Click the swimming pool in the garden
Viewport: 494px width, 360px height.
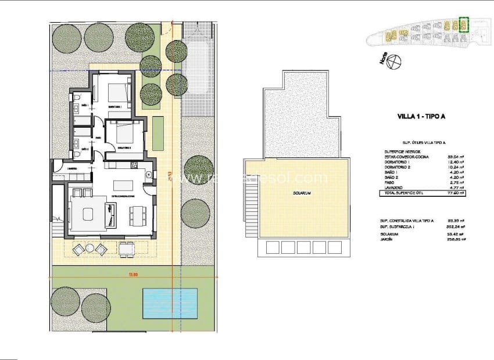tap(169, 303)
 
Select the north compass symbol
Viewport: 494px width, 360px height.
tap(395, 60)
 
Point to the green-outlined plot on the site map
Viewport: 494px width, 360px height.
tap(464, 25)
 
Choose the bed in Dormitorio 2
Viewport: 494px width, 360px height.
tap(125, 135)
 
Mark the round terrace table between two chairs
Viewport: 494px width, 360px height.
tap(90, 249)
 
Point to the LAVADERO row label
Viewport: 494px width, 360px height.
tap(393, 188)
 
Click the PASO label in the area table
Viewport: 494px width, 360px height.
tap(389, 182)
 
